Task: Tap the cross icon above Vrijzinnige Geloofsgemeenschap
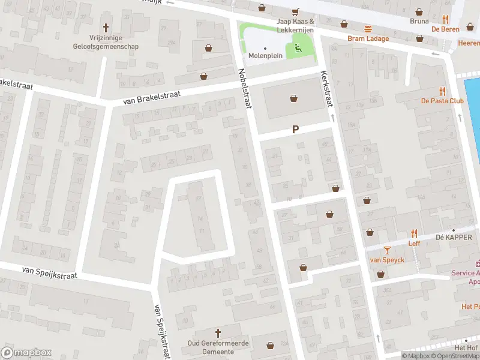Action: point(106,27)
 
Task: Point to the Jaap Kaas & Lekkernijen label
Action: point(296,25)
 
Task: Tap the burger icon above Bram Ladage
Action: point(368,28)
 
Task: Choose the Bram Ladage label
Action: point(368,39)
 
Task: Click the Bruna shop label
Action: point(419,20)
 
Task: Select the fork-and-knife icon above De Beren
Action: point(445,19)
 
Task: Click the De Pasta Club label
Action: point(442,101)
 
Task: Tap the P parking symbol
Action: point(295,129)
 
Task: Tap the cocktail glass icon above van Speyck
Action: point(387,250)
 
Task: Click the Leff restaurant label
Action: point(414,243)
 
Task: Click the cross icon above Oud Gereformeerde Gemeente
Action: point(218,332)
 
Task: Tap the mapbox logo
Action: point(26,352)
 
